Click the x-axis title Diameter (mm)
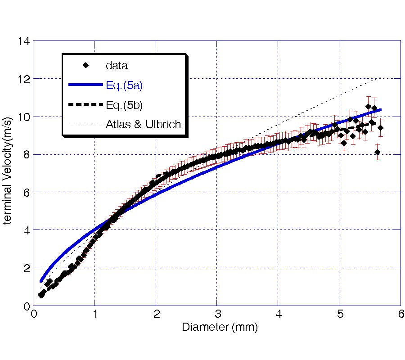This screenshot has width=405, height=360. pos(220,327)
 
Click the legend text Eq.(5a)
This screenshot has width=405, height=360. pos(124,85)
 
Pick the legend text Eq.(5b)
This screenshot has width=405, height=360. pos(124,105)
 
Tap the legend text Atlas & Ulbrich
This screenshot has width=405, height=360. pos(143,124)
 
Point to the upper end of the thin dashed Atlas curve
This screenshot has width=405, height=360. pos(381,77)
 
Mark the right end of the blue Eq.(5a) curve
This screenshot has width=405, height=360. pos(381,109)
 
